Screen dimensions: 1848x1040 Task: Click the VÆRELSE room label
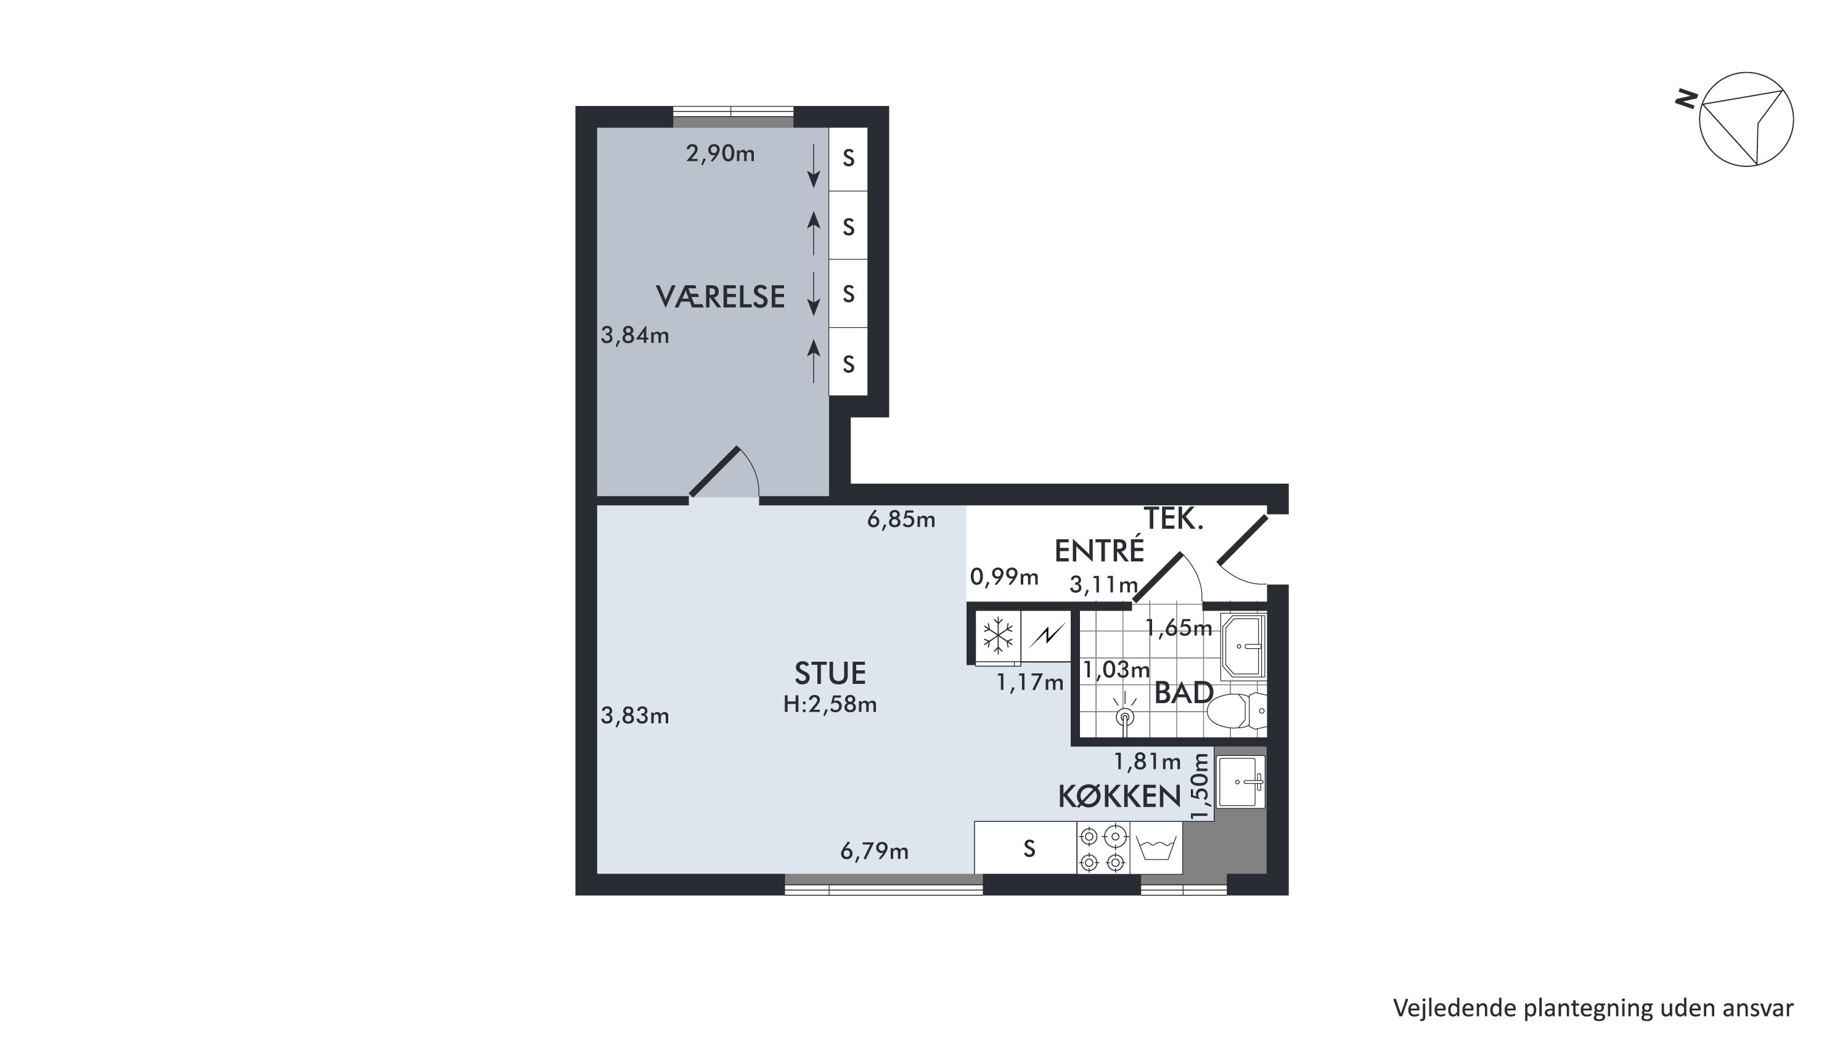point(720,297)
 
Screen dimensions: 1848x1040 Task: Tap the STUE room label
point(830,673)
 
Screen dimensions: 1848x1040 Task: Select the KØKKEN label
point(1119,797)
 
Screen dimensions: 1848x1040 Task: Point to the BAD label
point(1184,694)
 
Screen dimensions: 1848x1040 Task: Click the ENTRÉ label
point(1099,550)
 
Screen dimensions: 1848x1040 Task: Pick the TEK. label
point(1173,519)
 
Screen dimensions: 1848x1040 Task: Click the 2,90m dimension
point(720,153)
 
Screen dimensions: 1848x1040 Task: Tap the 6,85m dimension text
point(901,519)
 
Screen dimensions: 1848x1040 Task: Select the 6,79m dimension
point(874,851)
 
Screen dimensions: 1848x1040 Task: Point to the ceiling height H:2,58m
point(830,704)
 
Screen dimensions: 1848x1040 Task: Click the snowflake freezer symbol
point(997,635)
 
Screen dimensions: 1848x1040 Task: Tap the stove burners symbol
point(1103,848)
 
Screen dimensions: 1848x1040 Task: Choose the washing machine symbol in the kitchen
point(1156,848)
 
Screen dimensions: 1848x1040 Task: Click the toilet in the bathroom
point(1237,712)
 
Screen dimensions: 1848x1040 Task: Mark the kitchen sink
point(1240,782)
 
